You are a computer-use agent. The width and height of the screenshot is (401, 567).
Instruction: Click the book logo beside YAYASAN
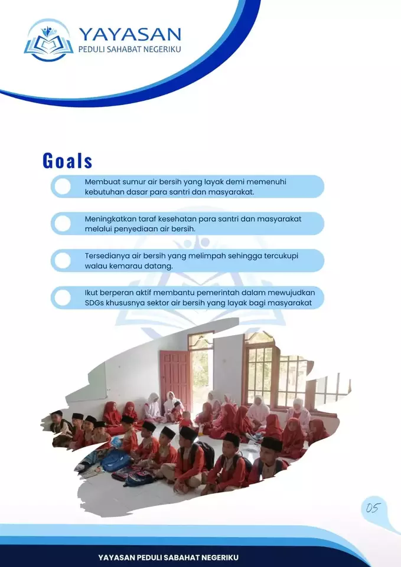click(48, 41)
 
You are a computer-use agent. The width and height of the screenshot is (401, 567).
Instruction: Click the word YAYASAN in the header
click(130, 34)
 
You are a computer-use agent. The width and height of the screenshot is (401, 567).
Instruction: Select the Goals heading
click(67, 160)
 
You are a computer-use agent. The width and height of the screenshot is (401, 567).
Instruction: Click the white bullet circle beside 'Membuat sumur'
click(63, 186)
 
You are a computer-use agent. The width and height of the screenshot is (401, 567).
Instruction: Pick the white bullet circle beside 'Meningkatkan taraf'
click(63, 224)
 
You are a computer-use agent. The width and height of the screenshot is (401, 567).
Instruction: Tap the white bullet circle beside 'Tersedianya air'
click(63, 260)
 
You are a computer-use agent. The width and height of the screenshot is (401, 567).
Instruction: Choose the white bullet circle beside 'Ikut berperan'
click(63, 297)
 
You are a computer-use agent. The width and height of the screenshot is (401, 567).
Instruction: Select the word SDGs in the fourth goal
click(94, 303)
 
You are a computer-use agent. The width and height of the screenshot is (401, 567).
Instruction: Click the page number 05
click(373, 508)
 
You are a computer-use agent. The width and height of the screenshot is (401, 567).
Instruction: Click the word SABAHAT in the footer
click(181, 557)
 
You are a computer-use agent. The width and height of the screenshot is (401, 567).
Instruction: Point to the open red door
click(175, 380)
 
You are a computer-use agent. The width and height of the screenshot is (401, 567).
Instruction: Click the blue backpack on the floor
click(116, 461)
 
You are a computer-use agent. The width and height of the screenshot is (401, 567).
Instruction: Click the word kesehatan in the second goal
click(174, 219)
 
